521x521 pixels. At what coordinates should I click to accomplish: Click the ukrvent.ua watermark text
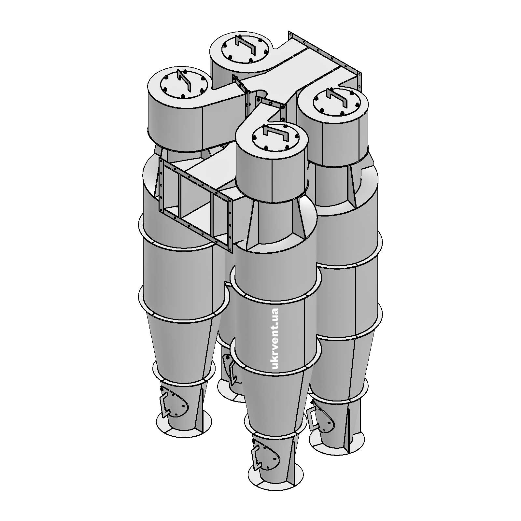pos(275,339)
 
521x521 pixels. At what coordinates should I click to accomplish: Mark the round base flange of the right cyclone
pos(335,446)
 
